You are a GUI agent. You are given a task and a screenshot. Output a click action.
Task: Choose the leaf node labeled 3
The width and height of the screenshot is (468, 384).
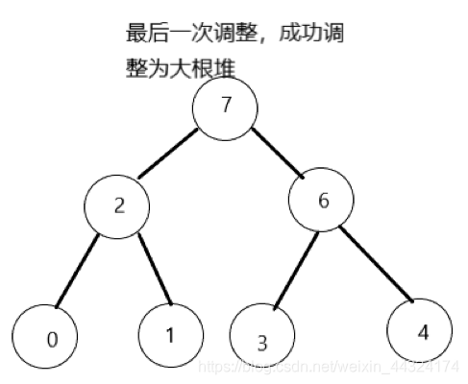click(262, 341)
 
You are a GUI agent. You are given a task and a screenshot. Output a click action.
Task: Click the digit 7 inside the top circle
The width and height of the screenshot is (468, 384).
click(227, 107)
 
